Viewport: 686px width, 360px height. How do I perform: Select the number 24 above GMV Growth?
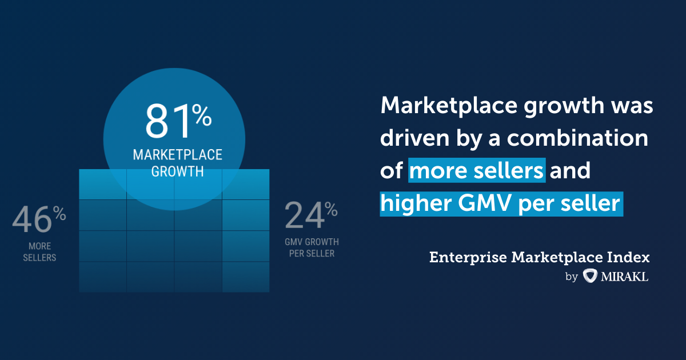pos(304,216)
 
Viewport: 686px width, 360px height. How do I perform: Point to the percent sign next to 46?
pos(59,214)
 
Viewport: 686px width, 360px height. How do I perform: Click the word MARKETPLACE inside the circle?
pos(177,155)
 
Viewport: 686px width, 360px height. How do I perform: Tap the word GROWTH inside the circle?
pos(177,171)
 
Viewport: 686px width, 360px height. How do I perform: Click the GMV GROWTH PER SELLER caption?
pos(312,247)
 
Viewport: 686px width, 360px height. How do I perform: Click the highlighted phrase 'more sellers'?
pos(477,170)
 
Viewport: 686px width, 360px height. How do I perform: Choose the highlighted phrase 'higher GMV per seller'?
pos(501,203)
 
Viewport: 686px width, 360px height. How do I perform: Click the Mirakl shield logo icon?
pos(589,277)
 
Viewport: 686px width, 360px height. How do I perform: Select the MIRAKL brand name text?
pos(625,277)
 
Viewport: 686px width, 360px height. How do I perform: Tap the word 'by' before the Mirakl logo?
pos(571,278)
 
